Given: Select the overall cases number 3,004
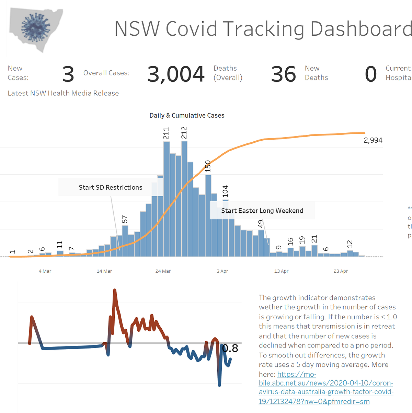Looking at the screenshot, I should tap(176, 74).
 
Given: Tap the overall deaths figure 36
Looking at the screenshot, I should tap(283, 74).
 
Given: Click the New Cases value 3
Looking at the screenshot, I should tap(68, 74).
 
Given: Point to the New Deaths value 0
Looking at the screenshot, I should tap(370, 74).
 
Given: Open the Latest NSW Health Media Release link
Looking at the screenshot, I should tap(63, 93).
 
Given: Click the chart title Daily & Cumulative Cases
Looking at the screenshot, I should tap(187, 116).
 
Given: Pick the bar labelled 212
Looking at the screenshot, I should tap(184, 199).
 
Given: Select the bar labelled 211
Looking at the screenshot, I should tap(167, 199).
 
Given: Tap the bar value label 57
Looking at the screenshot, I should tap(125, 220).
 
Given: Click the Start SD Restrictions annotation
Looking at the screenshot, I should tap(110, 187).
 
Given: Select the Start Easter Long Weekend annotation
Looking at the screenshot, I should tap(262, 211).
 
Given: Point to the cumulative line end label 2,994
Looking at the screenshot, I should tap(373, 140).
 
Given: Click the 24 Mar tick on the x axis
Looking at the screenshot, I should tap(163, 271).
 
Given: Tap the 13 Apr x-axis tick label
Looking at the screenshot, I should tap(281, 271).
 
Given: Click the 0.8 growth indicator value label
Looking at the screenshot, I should tap(230, 349).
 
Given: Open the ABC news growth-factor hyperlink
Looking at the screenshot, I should tap(326, 388).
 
